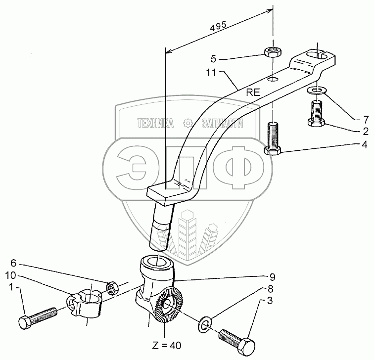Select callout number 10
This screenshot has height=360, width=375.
tap(11, 274)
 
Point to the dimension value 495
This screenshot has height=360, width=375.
tap(218, 28)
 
